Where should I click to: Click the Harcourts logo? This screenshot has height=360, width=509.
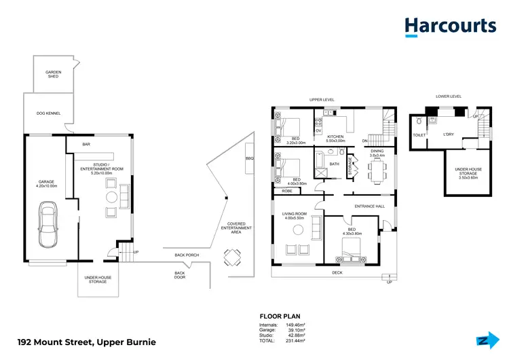pos(450,26)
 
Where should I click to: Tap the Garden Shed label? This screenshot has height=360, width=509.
pos(52,74)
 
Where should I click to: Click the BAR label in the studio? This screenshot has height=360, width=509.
pos(86,144)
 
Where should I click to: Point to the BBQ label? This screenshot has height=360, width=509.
pos(249,159)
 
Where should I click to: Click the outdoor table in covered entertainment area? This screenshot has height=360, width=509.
pos(233,257)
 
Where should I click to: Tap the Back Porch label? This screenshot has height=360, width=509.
pos(187,255)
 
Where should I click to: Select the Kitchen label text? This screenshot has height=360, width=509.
pos(336,137)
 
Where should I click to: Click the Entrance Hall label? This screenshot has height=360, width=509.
pos(369,206)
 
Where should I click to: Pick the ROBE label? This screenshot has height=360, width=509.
pos(287,192)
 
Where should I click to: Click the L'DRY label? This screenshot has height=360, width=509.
pos(449,134)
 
